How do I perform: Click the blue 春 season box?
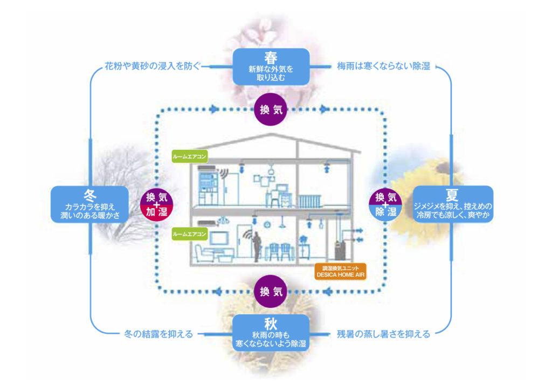tap(271, 66)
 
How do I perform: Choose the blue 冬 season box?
tap(89, 204)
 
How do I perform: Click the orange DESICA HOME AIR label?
tap(341, 271)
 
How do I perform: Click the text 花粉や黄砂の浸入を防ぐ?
tap(152, 67)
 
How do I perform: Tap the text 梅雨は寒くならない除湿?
tap(384, 67)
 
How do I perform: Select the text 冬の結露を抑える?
tap(155, 334)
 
